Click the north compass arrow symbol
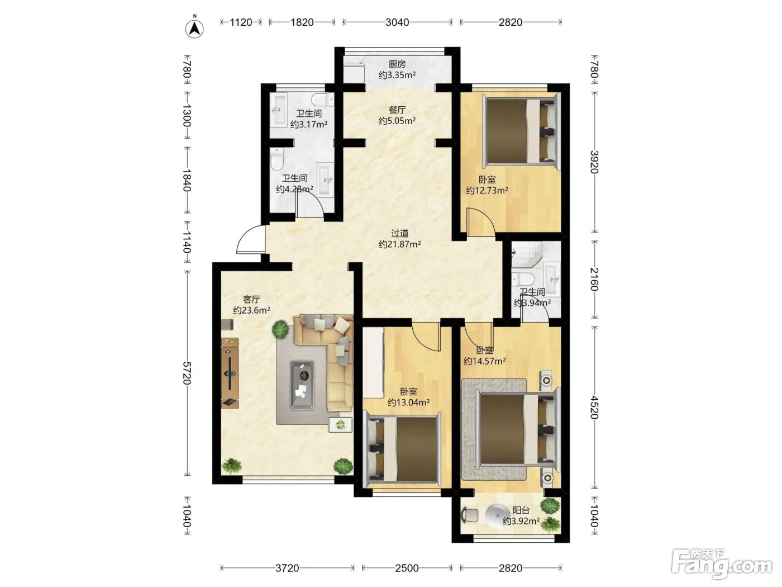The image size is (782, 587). (x=194, y=29)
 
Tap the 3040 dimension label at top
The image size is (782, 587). (x=397, y=22)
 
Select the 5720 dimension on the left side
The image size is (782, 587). (x=187, y=373)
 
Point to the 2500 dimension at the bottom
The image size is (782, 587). (x=407, y=568)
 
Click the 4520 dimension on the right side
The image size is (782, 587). (x=594, y=407)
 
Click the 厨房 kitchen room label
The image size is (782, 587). (x=397, y=64)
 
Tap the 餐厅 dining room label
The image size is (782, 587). (x=397, y=110)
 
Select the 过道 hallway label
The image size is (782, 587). (x=400, y=234)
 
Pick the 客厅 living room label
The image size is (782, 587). (x=251, y=300)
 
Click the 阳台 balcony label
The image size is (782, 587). (x=521, y=510)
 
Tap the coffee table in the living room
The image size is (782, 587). (x=303, y=385)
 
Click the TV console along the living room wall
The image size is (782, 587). (x=230, y=373)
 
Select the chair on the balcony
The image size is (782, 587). (x=470, y=515)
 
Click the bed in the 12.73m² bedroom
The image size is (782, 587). (x=521, y=131)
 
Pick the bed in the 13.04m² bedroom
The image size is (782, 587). (x=402, y=449)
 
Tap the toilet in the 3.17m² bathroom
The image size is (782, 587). (x=322, y=100)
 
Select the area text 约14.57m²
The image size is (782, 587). (x=484, y=361)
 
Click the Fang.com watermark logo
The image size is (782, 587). (x=722, y=564)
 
